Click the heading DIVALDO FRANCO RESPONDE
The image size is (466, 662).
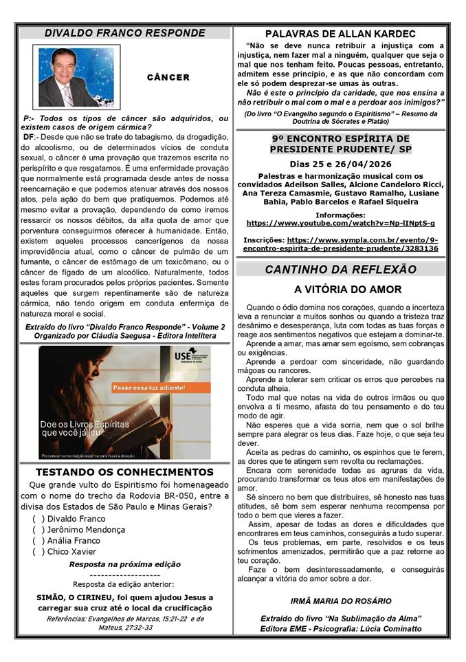124,33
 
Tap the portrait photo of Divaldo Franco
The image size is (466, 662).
76,77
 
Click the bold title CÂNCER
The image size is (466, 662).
168,78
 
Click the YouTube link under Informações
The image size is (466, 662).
340,223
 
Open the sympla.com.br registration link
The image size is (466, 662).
341,244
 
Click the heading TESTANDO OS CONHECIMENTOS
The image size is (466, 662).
124,472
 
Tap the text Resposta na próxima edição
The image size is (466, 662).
124,564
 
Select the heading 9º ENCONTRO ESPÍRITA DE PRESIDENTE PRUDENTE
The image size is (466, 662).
340,144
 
